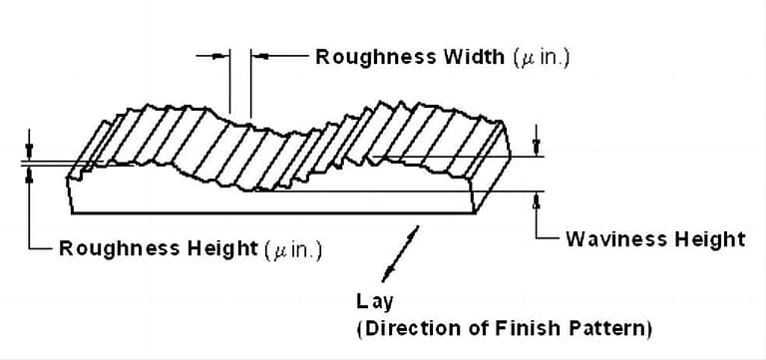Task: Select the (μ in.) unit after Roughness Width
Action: (x=541, y=58)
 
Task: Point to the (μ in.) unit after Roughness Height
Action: (x=293, y=249)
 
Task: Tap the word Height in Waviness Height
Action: (x=709, y=239)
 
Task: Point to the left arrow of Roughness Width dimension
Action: (x=222, y=57)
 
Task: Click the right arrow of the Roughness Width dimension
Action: (x=258, y=57)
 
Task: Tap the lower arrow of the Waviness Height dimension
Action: (x=538, y=199)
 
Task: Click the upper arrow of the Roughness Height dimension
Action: (x=30, y=151)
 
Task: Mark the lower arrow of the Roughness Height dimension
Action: (x=30, y=174)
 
